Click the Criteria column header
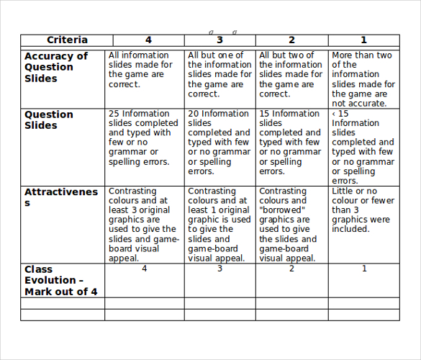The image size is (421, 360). [x=67, y=40]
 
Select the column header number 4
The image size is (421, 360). [x=148, y=40]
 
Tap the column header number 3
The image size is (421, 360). [x=219, y=40]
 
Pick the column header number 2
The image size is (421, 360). [x=291, y=40]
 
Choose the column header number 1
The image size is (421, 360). [x=363, y=40]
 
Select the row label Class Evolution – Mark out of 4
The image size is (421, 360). [x=60, y=280]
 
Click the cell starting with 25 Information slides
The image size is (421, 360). [x=143, y=138]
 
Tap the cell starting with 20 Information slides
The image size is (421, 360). [x=219, y=143]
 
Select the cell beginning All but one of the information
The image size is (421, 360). [x=219, y=74]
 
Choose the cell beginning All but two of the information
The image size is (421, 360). [x=291, y=74]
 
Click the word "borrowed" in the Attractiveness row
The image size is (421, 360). [x=282, y=210]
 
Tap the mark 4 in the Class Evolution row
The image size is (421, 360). [x=144, y=269]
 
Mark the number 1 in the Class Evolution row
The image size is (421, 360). [x=364, y=269]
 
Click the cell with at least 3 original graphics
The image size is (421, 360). [x=143, y=225]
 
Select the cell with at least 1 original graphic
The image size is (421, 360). [x=219, y=225]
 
